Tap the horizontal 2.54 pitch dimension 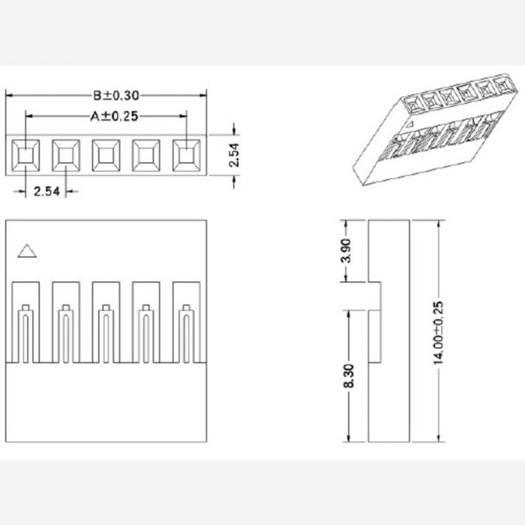click(47, 192)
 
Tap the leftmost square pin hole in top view click(26, 155)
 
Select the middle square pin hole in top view click(106, 155)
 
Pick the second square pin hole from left click(66, 155)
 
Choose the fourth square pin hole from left click(146, 155)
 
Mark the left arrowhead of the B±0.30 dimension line click(9, 96)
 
